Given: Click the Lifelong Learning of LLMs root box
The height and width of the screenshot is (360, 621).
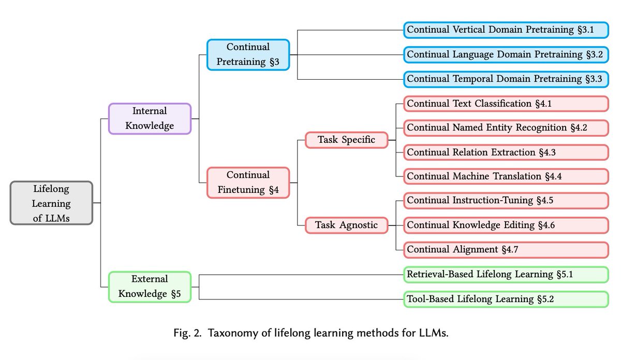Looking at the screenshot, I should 51,203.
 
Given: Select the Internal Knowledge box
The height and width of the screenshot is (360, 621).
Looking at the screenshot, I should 150,118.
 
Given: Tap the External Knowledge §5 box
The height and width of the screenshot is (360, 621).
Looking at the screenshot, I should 150,287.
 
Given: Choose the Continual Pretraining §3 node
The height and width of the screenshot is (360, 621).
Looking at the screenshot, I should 248,54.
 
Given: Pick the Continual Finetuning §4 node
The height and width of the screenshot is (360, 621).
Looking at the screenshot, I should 248,183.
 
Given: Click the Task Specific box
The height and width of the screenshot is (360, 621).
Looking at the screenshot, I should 346,140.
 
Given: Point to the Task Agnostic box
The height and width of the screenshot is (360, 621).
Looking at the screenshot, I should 346,225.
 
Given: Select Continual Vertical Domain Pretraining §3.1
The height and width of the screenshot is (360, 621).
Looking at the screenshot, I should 506,30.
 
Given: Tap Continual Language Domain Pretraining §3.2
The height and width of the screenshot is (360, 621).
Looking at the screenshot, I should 506,54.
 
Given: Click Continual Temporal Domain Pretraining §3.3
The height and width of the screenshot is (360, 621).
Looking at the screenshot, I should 506,79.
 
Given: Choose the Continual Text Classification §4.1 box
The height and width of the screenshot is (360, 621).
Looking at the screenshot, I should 506,103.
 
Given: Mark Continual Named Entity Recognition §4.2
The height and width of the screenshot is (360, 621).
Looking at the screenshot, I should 506,128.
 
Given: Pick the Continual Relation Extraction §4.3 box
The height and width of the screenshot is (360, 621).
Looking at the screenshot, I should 506,152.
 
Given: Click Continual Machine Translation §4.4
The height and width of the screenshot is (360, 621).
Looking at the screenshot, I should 506,176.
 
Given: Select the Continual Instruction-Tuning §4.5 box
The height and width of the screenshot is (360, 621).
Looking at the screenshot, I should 506,201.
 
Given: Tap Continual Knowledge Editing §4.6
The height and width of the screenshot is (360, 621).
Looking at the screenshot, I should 506,225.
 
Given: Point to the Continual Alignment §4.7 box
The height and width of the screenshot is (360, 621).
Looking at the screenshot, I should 506,249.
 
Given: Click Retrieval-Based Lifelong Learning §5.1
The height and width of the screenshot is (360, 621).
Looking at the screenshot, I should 506,274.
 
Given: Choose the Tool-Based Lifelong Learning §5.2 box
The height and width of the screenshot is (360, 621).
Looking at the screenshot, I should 506,299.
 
